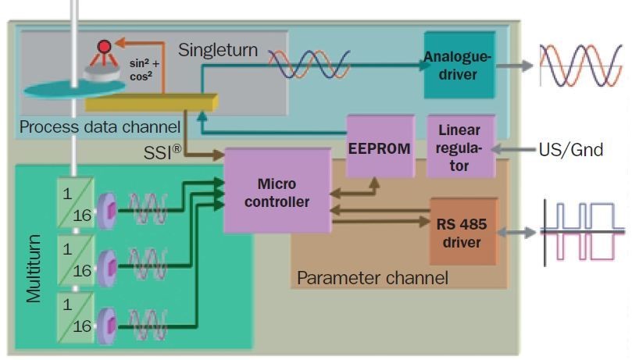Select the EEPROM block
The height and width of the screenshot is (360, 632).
click(379, 147)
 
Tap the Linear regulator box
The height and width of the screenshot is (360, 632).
click(461, 147)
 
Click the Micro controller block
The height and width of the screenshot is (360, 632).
click(277, 191)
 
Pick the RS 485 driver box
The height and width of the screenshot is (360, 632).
click(462, 232)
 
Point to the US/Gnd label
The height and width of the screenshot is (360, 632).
click(571, 149)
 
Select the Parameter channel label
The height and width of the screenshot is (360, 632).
click(373, 277)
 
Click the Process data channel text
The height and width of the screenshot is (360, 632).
click(99, 126)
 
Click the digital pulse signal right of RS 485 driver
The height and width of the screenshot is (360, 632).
click(582, 232)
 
